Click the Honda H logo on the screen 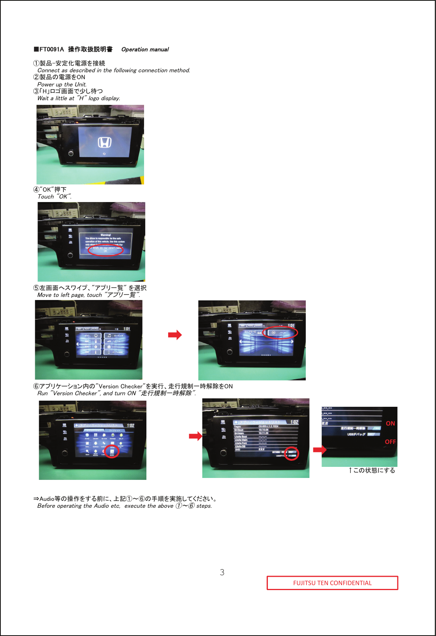pyautogui.click(x=105, y=143)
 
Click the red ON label pyautogui.click(x=390, y=423)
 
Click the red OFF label pyautogui.click(x=390, y=442)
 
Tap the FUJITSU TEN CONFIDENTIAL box pyautogui.click(x=332, y=583)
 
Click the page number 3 pyautogui.click(x=222, y=572)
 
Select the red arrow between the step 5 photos pyautogui.click(x=175, y=335)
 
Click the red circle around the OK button pyautogui.click(x=106, y=250)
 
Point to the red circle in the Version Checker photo pyautogui.click(x=292, y=453)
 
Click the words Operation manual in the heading pyautogui.click(x=145, y=49)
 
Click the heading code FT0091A pyautogui.click(x=52, y=49)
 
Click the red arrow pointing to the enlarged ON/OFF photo pyautogui.click(x=320, y=450)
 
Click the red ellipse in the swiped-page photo pyautogui.click(x=280, y=333)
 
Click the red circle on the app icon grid pyautogui.click(x=112, y=451)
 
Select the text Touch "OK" pyautogui.click(x=54, y=197)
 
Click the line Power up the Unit pyautogui.click(x=62, y=85)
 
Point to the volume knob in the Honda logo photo pyautogui.click(x=71, y=153)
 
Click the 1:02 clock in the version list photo pyautogui.click(x=294, y=422)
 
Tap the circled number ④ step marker pyautogui.click(x=36, y=189)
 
